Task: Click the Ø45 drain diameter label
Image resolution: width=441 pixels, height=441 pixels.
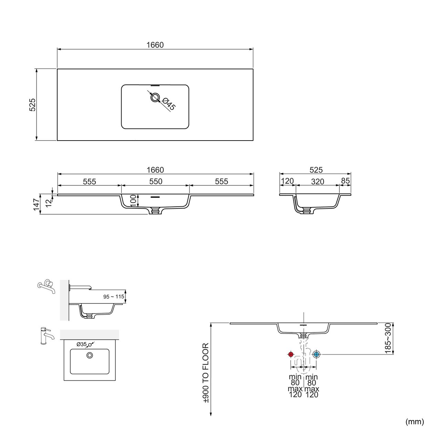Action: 168,104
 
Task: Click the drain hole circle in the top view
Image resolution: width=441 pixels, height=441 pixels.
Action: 155,98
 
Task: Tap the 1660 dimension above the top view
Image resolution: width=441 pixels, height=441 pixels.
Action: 155,45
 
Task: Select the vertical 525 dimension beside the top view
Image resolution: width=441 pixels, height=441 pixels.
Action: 32,104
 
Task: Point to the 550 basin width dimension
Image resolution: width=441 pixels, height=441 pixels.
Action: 156,182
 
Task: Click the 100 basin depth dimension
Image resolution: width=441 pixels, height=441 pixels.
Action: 133,201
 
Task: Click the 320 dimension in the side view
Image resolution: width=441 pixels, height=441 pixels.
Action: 317,182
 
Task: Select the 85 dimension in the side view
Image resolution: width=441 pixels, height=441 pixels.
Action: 345,181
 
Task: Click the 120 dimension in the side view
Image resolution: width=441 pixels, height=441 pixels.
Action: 287,181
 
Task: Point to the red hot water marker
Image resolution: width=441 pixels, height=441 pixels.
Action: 290,354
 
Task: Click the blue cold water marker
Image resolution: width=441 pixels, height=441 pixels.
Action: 316,354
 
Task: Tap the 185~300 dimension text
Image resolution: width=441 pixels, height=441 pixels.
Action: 388,338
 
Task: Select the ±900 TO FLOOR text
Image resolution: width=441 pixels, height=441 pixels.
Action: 206,373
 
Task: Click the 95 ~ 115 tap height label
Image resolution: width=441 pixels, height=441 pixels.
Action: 114,297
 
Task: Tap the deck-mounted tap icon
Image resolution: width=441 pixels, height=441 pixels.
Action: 45,335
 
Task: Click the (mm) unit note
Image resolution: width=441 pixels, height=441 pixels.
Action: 415,421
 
